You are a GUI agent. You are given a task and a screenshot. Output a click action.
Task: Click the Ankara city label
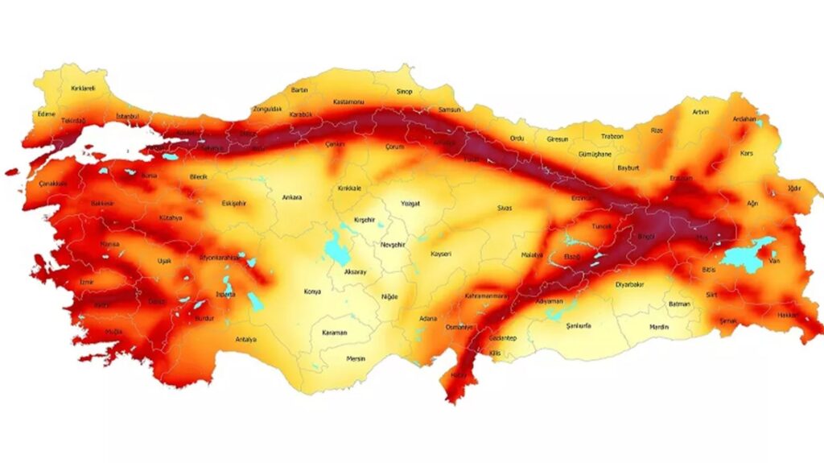click(x=291, y=197)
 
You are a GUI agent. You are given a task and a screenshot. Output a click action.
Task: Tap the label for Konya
click(x=312, y=291)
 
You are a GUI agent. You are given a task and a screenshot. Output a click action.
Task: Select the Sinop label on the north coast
click(x=403, y=92)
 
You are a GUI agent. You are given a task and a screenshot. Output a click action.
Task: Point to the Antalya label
click(x=245, y=340)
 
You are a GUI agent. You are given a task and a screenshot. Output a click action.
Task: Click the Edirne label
click(x=47, y=114)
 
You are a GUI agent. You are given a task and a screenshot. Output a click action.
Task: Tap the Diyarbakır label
click(x=631, y=284)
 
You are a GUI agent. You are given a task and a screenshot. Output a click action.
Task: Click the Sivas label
click(x=505, y=208)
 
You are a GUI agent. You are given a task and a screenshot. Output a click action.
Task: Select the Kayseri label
click(x=441, y=254)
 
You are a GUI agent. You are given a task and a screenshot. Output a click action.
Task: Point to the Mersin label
click(x=356, y=358)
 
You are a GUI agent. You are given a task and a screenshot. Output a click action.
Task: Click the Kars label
click(x=747, y=153)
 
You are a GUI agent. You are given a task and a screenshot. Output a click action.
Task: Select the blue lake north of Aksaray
click(x=336, y=247)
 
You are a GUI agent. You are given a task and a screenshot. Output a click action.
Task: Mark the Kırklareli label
click(x=84, y=89)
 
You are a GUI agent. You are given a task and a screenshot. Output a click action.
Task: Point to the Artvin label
click(x=700, y=112)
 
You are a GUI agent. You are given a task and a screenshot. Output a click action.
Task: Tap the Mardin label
click(x=659, y=327)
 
